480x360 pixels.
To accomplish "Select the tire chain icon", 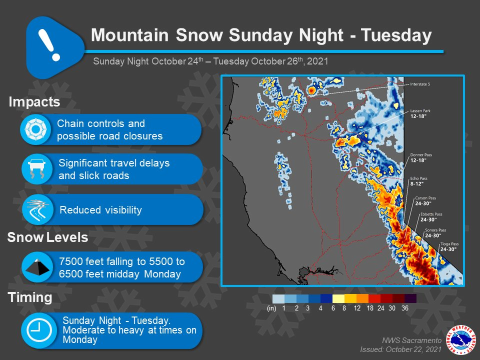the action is coord(35,129).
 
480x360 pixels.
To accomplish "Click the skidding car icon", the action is coord(36,169).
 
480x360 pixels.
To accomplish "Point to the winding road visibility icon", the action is coord(37,209).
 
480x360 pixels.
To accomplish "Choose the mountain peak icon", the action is coord(37,267).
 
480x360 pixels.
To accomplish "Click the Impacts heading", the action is coord(34,102).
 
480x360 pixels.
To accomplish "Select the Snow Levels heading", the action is coord(48,237).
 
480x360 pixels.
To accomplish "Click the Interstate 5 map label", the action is coord(420,84).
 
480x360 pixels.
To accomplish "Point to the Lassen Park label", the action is coord(420,111).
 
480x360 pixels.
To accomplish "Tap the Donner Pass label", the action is coord(421,155).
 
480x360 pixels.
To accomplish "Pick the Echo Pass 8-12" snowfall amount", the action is coord(417,184).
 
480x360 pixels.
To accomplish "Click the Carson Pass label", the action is coord(425,198).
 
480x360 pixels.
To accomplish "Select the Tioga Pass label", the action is coord(449,244).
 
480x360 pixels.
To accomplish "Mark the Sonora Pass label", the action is coord(435,230).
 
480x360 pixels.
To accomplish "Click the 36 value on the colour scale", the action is coord(404,308).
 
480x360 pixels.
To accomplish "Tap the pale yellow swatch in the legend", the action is coord(338,298).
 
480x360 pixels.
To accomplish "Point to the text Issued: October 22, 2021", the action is coord(400,349).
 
